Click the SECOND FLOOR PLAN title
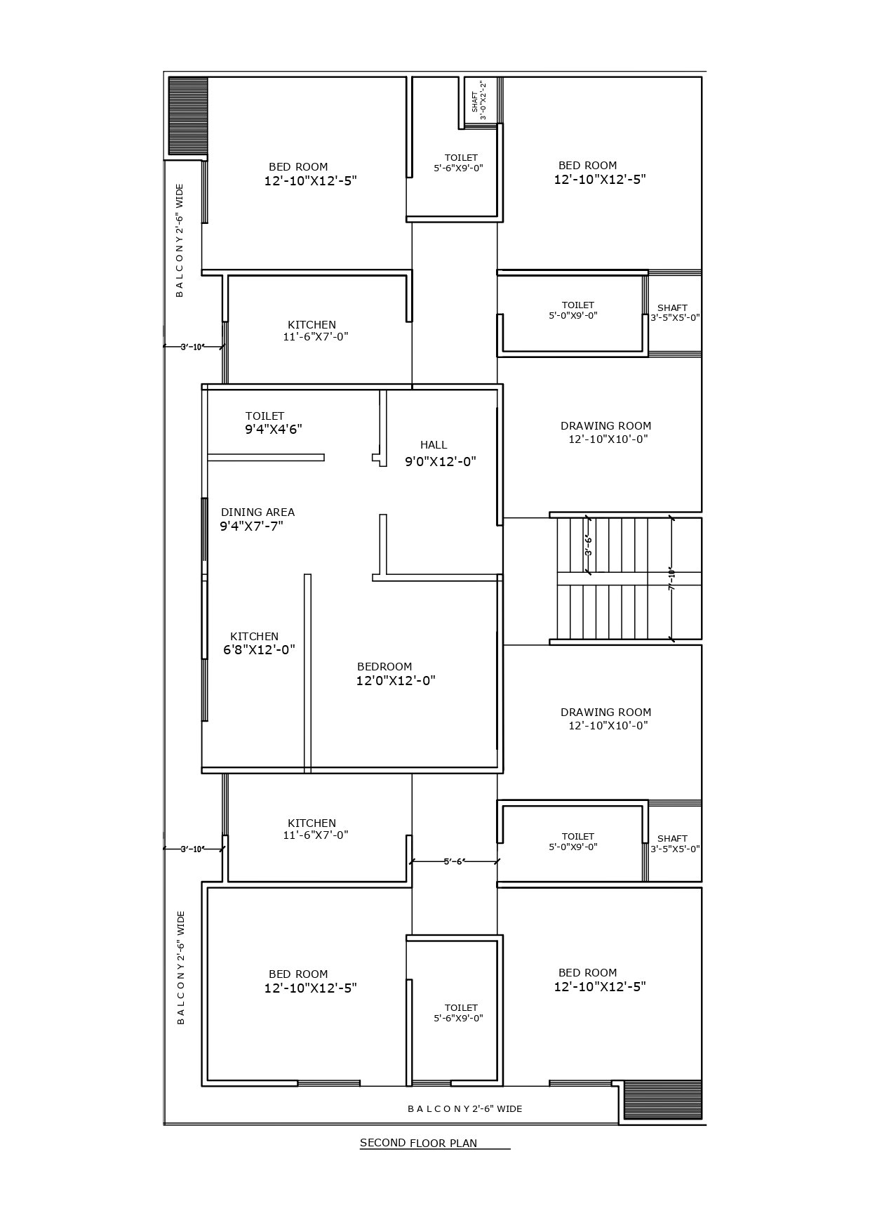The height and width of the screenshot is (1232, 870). coord(418,1143)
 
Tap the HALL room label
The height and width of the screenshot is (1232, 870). coord(434,445)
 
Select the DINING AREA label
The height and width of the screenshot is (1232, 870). coord(257,512)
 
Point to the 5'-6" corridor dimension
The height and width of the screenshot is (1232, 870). coord(454,861)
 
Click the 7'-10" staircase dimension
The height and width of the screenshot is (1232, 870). coord(671,579)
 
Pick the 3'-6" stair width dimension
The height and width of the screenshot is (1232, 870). coord(588,545)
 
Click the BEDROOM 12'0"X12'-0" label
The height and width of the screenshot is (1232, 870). coord(395,674)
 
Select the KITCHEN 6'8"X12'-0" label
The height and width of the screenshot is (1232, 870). coord(258,643)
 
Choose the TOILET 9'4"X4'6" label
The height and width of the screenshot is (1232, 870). coord(273,423)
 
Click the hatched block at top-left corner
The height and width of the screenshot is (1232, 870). coord(188,117)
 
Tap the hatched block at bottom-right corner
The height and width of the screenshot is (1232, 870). coord(662,1099)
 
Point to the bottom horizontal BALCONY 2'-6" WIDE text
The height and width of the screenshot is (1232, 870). coord(464,1109)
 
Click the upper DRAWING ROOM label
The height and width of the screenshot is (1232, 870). coord(606,426)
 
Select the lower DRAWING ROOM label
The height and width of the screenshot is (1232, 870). coord(606,713)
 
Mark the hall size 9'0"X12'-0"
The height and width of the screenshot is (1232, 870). coord(440,462)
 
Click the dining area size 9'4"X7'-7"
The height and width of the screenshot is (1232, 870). coord(251,526)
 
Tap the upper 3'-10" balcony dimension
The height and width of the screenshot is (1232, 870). coord(193,346)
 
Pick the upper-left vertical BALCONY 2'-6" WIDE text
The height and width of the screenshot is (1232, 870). coord(180,240)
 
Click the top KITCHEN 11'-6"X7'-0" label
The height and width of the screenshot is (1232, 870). coord(314,331)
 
